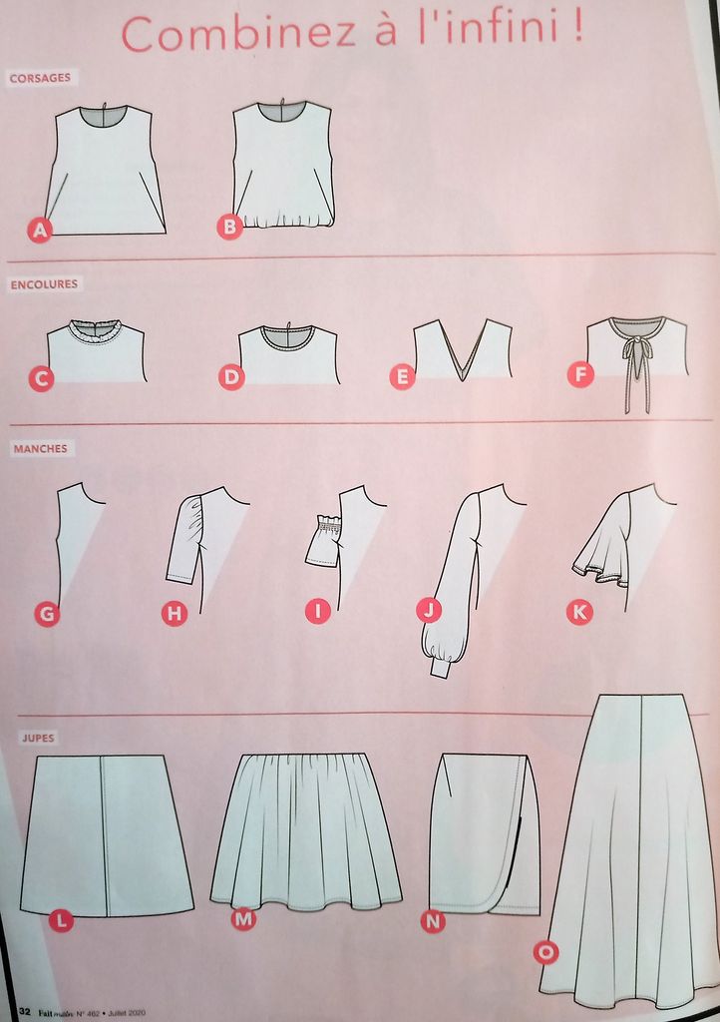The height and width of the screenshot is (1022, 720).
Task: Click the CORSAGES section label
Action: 40,78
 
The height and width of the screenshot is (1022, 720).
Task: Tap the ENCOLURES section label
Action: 44,284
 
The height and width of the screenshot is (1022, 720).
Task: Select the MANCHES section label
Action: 40,448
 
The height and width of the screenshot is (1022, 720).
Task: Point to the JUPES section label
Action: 39,738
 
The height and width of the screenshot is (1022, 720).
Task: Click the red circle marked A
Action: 40,231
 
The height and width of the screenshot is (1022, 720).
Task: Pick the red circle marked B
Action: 229,227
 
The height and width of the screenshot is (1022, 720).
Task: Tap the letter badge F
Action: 580,375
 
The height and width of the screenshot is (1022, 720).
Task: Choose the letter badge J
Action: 429,610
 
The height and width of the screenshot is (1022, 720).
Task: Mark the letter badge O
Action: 545,952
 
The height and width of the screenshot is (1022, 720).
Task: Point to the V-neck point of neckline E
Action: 463,378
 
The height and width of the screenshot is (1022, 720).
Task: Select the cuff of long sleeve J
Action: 440,668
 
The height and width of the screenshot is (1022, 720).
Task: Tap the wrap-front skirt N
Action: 485,833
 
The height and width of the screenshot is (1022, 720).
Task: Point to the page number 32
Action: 25,1012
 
